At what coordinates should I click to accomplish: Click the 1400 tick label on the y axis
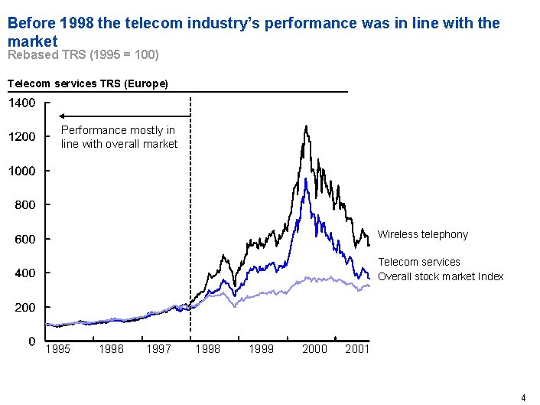(x=21, y=103)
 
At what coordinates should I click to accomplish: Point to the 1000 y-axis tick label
(x=21, y=171)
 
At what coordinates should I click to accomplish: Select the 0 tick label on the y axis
(x=31, y=341)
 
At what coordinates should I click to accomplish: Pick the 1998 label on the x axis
(x=208, y=349)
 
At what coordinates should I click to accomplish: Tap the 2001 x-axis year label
(x=357, y=349)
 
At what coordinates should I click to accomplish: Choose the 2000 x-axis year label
(x=314, y=349)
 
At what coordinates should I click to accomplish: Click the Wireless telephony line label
(x=422, y=234)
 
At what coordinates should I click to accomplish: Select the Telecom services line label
(x=418, y=262)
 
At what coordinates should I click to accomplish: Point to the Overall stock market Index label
(x=441, y=276)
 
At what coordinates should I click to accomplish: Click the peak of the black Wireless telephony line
(x=306, y=126)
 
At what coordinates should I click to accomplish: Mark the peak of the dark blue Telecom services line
(x=306, y=179)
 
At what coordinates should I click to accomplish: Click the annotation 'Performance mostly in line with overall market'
(x=119, y=137)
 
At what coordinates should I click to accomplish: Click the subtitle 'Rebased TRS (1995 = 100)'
(x=83, y=55)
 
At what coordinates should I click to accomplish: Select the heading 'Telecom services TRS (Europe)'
(x=86, y=83)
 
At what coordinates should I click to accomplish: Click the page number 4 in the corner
(x=523, y=397)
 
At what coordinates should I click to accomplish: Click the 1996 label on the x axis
(x=112, y=349)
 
